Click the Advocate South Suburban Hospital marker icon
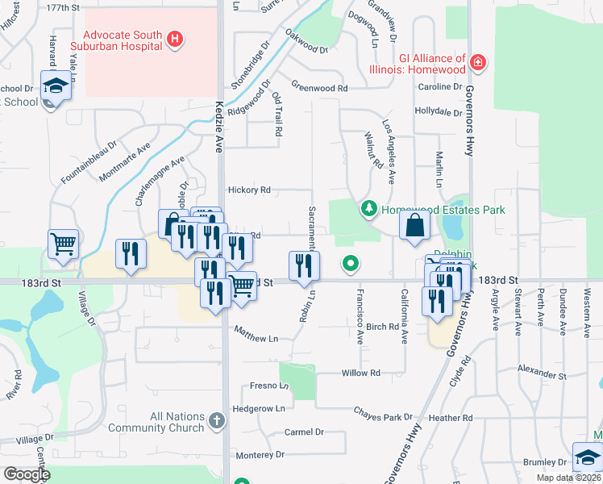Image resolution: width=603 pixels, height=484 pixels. click(x=175, y=39)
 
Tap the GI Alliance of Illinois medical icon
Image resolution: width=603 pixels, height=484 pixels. click(x=478, y=62)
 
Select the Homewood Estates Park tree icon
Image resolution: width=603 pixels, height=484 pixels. click(x=369, y=210)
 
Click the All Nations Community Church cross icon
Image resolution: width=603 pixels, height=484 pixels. click(x=215, y=420)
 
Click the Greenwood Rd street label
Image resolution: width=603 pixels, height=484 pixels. click(x=319, y=87)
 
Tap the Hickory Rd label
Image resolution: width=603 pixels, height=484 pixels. click(x=249, y=190)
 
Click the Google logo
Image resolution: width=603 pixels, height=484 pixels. click(x=27, y=474)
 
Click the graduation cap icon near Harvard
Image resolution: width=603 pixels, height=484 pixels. click(x=56, y=86)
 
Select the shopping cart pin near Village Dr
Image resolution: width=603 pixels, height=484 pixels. click(x=64, y=243)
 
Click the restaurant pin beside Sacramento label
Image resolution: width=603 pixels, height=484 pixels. click(x=304, y=265)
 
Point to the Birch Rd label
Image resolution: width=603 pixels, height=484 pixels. click(x=382, y=328)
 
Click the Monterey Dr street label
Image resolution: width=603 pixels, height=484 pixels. click(x=259, y=455)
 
